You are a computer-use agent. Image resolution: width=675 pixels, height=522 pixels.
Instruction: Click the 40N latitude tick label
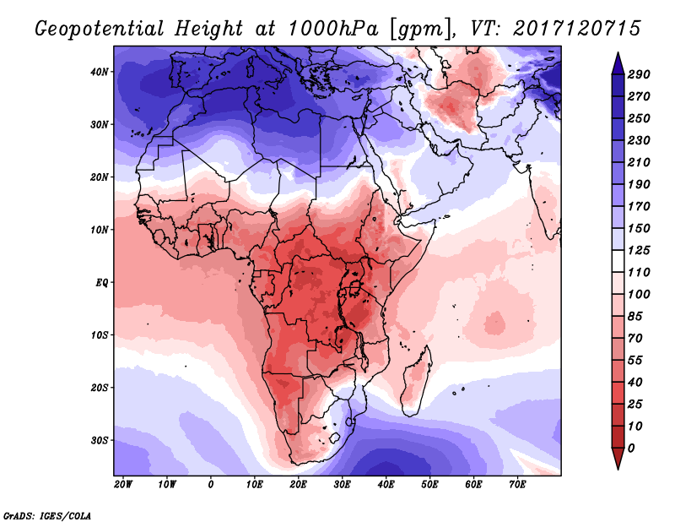100,72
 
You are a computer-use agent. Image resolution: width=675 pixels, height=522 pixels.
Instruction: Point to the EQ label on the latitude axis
102,282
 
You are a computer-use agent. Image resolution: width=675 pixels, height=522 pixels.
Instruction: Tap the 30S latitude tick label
100,440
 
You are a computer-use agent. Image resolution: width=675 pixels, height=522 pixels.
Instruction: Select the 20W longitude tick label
123,484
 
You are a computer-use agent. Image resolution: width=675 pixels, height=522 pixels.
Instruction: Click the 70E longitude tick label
517,484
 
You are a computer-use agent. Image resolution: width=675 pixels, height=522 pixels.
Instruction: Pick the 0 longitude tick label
210,484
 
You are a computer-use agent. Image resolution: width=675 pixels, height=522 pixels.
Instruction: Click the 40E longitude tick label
386,484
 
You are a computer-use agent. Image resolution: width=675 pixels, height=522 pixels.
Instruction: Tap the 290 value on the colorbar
638,75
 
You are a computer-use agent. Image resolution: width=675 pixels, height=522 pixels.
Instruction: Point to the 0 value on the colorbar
631,447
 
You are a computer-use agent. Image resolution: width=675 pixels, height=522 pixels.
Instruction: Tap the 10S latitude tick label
100,335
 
